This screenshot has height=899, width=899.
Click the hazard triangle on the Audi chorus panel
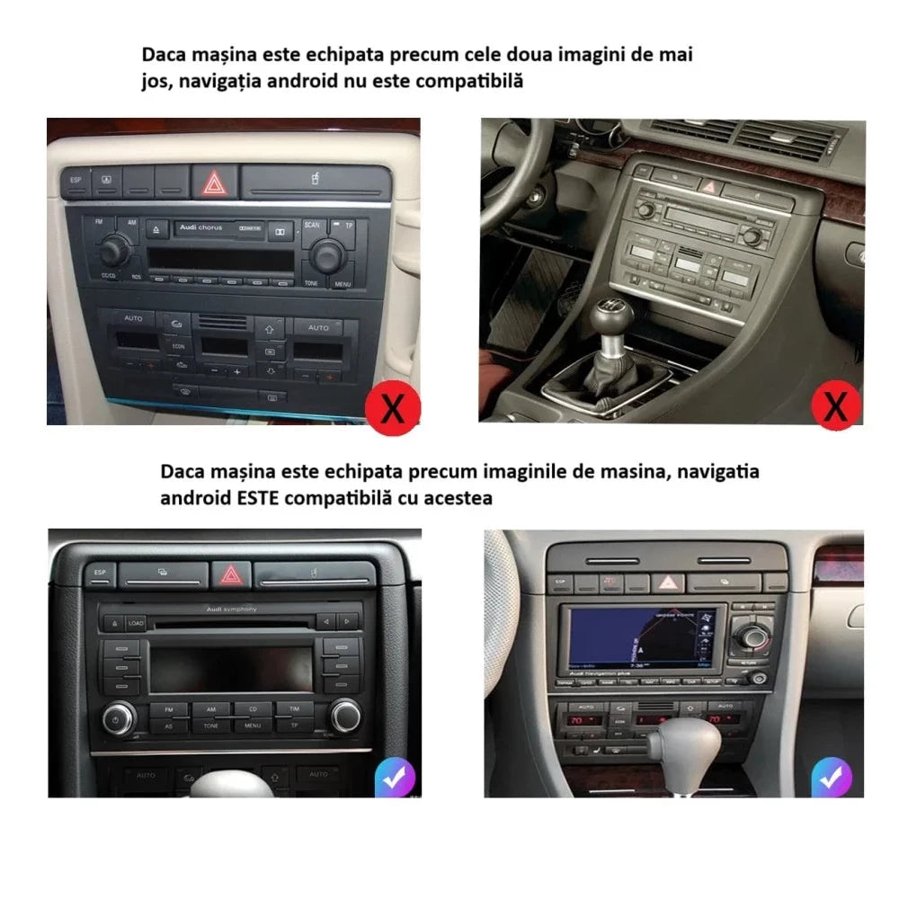pyautogui.click(x=214, y=184)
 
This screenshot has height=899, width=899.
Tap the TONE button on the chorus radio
pyautogui.click(x=311, y=283)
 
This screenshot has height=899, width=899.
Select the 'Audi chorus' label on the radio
pyautogui.click(x=200, y=228)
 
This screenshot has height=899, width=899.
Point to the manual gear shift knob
pyautogui.click(x=611, y=316)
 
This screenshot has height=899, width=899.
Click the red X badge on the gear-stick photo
pyautogui.click(x=836, y=405)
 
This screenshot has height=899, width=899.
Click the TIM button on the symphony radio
pyautogui.click(x=294, y=709)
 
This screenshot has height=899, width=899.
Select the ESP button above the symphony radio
pyautogui.click(x=99, y=573)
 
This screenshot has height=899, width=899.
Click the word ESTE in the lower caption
pyautogui.click(x=255, y=497)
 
